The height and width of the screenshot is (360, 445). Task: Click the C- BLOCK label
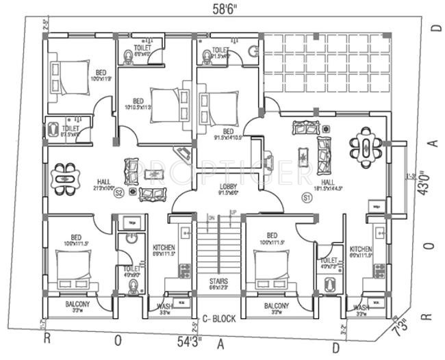click(219, 319)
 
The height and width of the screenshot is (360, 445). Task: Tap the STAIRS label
click(219, 281)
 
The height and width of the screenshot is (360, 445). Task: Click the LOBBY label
click(228, 186)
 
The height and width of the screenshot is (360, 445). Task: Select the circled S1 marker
click(306, 198)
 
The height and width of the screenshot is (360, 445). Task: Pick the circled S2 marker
click(118, 193)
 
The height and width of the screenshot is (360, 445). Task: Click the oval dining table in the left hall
click(64, 179)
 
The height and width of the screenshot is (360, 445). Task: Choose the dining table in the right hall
click(366, 145)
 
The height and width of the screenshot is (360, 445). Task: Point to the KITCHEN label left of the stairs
click(164, 247)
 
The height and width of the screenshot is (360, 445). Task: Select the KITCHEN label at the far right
click(361, 249)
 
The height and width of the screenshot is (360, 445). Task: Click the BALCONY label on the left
click(72, 305)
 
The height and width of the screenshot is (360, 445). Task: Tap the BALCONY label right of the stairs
click(275, 305)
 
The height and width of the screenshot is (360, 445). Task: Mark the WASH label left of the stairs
click(164, 306)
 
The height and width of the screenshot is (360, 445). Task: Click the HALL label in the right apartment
click(328, 182)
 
